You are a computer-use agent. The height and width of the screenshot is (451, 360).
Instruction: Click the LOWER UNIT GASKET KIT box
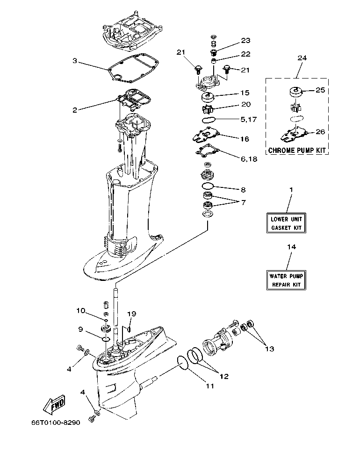click(x=287, y=223)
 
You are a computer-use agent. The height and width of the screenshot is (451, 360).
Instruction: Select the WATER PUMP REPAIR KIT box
click(x=287, y=280)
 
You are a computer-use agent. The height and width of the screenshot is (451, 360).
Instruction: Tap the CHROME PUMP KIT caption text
click(x=296, y=150)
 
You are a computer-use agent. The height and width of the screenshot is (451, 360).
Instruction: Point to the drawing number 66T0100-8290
click(x=56, y=422)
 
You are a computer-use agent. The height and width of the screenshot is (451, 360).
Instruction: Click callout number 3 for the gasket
click(x=75, y=61)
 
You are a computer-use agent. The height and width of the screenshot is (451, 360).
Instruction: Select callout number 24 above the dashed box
click(x=302, y=58)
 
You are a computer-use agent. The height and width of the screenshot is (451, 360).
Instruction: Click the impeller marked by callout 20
click(x=208, y=109)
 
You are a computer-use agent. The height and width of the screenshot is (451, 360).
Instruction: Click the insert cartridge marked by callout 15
click(x=208, y=98)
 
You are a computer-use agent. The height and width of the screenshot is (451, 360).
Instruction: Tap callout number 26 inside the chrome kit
click(x=319, y=132)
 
